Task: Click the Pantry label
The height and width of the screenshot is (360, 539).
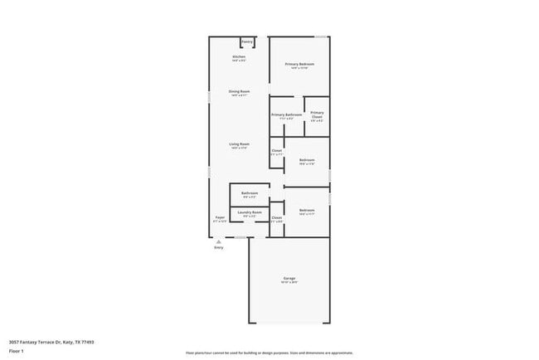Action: tap(247, 41)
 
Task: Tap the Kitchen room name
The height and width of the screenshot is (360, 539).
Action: tap(239, 56)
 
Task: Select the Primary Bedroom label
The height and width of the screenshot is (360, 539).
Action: tap(299, 64)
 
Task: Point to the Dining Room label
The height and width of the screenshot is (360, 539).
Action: tap(239, 91)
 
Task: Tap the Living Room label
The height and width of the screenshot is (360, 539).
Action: tap(239, 144)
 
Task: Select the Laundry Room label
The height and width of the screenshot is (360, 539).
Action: tap(250, 212)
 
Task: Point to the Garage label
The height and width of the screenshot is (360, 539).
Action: tap(289, 278)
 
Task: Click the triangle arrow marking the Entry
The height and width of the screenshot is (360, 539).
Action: tap(219, 241)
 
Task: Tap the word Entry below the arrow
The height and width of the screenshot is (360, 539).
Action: tap(219, 248)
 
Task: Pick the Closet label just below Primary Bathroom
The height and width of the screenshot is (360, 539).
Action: tap(277, 150)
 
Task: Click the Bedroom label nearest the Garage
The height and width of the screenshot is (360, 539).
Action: tap(307, 210)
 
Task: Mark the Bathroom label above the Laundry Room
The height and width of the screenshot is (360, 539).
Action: tap(250, 193)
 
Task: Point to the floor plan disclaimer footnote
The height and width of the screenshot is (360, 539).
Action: tap(269, 353)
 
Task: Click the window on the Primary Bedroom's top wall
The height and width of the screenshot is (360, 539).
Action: tap(320, 36)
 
